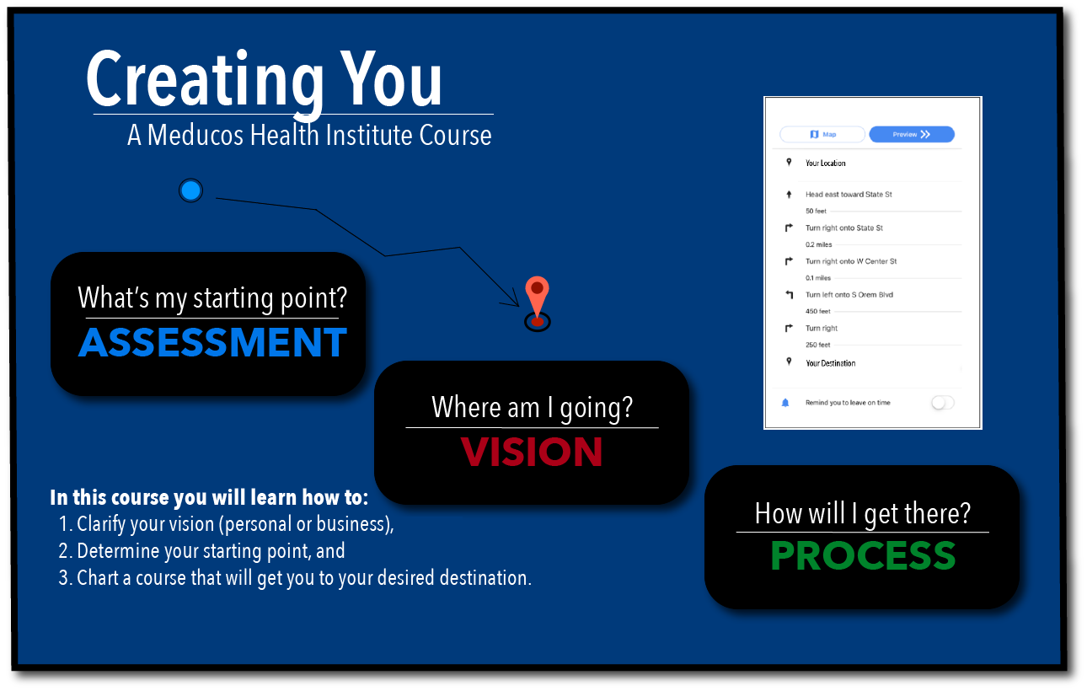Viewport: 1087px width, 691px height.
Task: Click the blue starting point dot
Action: (x=190, y=190)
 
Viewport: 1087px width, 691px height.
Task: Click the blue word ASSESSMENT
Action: (x=212, y=342)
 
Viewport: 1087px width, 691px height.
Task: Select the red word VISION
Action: (x=532, y=452)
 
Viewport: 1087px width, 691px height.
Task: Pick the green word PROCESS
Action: (x=863, y=555)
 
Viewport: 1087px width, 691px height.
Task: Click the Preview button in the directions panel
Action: (x=912, y=135)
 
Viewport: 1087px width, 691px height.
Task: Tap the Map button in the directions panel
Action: (x=822, y=135)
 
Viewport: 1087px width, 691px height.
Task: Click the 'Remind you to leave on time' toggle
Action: (x=942, y=403)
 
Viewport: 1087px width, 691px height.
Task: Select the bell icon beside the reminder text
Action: (x=785, y=403)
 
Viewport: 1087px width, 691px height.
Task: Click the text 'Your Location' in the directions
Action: (x=826, y=163)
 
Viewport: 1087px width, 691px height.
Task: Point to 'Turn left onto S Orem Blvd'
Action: (x=849, y=295)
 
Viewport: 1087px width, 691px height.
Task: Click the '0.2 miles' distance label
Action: (x=819, y=244)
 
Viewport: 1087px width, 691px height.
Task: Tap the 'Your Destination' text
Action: (x=830, y=363)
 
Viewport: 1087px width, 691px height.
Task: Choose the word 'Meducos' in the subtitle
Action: (x=195, y=135)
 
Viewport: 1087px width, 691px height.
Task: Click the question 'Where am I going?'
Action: (x=533, y=407)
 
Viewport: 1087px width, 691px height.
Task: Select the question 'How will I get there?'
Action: (x=863, y=513)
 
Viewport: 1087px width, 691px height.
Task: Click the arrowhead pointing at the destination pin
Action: (x=513, y=299)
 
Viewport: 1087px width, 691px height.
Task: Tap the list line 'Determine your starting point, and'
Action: (x=201, y=551)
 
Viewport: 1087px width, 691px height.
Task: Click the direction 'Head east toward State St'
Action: (x=849, y=194)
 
